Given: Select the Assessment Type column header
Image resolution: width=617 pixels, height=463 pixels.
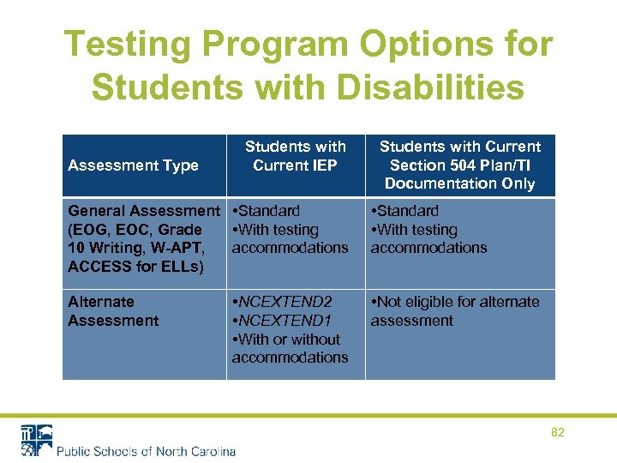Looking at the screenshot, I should pos(133,165).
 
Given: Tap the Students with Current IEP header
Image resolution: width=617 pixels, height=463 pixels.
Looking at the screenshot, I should pos(295,156).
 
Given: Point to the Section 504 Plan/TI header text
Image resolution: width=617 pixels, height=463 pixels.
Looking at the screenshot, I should pos(459,165).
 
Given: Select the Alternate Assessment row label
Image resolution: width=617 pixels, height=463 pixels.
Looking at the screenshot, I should pos(113,311).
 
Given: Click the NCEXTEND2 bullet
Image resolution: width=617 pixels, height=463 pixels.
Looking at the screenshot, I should pos(284,302).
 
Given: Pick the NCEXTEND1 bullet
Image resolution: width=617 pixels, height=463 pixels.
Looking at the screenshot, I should pos(284,321).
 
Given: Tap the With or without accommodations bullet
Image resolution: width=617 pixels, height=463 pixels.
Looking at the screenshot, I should pos(289,348).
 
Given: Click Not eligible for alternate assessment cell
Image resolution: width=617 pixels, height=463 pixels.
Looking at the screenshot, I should pos(454,311).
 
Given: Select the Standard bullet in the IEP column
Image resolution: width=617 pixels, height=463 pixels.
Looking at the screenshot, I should pos(268,211).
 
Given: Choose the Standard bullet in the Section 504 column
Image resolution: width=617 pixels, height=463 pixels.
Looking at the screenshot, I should pos(406,211).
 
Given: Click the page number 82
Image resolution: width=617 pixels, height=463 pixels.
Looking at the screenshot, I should pos(558,433).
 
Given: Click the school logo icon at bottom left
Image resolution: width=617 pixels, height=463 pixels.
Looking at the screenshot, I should pos(36,440).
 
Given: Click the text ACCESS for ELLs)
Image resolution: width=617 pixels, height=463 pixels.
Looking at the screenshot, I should pos(134,267).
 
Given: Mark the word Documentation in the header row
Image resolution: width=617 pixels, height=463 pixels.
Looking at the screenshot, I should pos(459,183).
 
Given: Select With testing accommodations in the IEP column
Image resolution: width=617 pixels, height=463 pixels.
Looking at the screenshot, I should pos(289,239).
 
